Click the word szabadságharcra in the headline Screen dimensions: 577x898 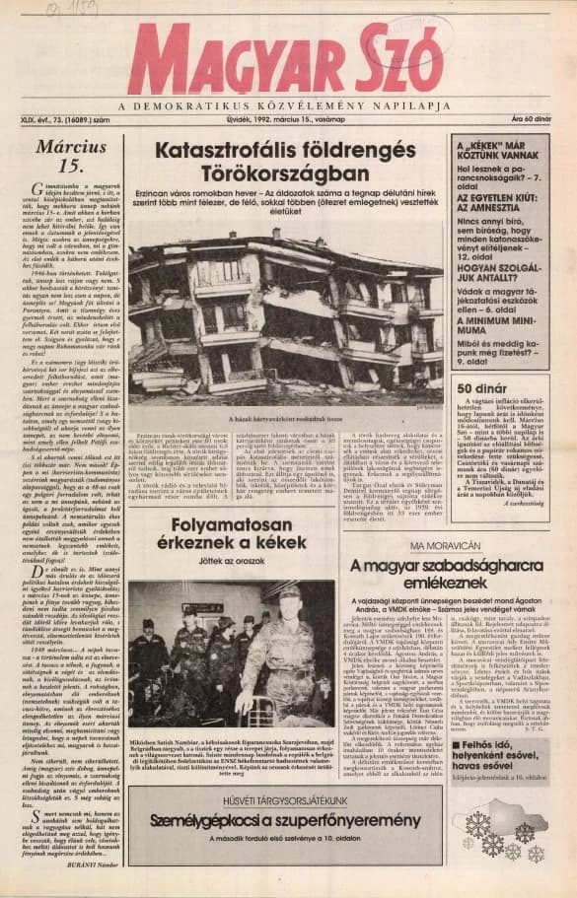click(x=416, y=565)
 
